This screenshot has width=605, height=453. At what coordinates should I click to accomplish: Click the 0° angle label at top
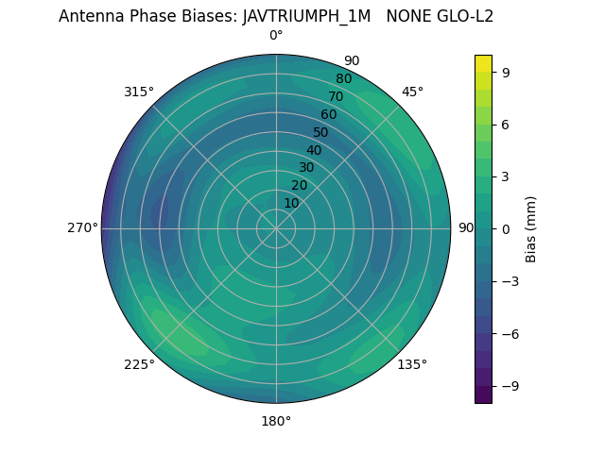276,36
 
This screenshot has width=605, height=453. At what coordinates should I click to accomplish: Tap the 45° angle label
413,92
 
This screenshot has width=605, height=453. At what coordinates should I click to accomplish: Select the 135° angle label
412,364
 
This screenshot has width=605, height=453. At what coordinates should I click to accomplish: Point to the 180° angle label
276,421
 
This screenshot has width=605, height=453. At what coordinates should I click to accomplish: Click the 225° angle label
139,365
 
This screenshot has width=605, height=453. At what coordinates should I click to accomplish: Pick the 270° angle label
82,227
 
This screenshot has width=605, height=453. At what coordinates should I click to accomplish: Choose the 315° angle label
139,92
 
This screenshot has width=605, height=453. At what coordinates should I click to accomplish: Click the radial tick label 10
291,203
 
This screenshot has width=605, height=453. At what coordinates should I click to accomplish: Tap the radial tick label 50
321,132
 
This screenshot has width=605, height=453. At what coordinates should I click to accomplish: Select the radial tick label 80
344,78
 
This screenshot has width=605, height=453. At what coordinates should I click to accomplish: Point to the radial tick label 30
306,167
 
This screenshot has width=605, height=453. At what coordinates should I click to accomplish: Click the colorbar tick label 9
506,71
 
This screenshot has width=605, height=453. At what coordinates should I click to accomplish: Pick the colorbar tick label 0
506,228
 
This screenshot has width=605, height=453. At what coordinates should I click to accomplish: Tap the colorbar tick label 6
506,124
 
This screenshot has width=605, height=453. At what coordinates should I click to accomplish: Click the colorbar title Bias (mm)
531,228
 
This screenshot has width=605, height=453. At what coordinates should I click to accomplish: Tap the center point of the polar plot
276,228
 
